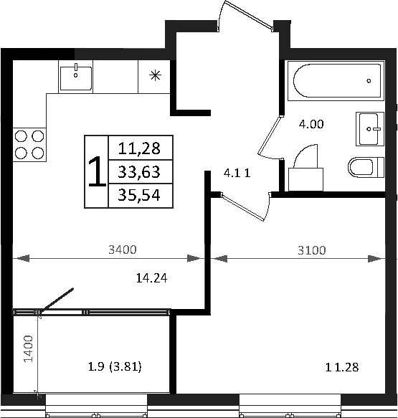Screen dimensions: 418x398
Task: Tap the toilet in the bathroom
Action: (x=365, y=168)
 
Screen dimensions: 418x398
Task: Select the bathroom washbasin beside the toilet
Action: (x=371, y=130)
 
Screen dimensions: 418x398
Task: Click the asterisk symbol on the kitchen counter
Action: (x=154, y=75)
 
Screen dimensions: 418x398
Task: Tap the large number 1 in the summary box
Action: (x=95, y=172)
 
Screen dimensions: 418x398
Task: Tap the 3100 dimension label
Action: (x=311, y=250)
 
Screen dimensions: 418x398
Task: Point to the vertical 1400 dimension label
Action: (x=27, y=351)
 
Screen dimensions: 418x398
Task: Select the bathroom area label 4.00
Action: (x=311, y=123)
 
